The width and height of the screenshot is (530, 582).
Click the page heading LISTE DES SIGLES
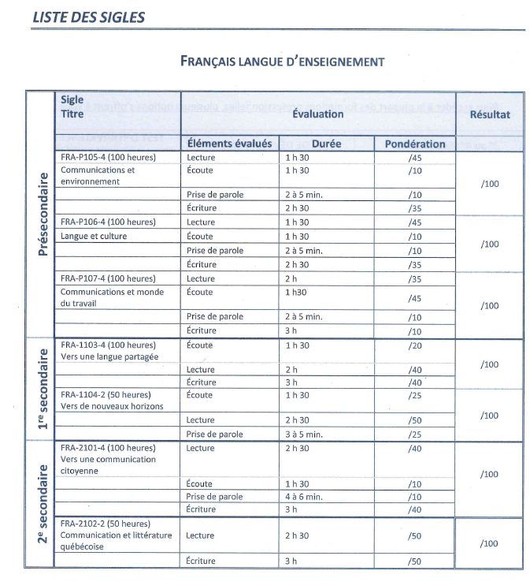coord(89,17)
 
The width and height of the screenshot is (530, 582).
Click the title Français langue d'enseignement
coord(282,61)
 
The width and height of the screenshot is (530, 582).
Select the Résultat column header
coord(490,114)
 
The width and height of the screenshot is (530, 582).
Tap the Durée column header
coord(326,144)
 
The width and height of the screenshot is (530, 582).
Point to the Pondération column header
coord(415,144)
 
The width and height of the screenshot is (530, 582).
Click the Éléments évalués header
coord(230,144)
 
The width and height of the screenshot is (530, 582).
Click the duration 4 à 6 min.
coord(304,497)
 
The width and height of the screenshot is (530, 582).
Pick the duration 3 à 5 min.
coord(304,434)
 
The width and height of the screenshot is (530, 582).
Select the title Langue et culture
coord(94,236)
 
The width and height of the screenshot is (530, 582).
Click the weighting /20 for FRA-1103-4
coord(415,345)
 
